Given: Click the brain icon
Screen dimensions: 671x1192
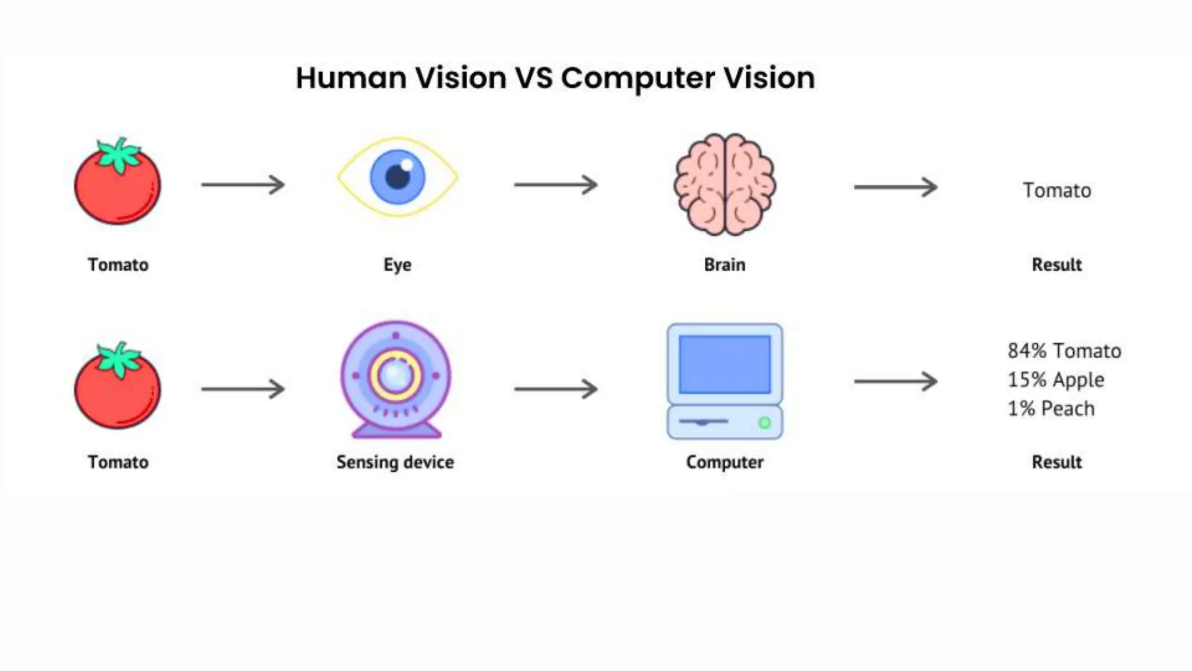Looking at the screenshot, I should point(725,184).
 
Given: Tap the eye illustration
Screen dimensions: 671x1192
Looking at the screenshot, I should point(398,177).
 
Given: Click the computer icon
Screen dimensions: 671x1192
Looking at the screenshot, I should point(725,382).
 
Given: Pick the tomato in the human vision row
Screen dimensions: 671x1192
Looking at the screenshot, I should point(118,183).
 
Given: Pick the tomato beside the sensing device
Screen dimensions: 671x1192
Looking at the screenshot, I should point(118,387).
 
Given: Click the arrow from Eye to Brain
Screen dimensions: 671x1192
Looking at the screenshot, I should point(556,185).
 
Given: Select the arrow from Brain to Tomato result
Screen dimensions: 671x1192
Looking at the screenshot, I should point(895,187).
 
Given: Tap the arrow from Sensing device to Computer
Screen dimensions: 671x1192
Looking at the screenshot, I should point(556,389).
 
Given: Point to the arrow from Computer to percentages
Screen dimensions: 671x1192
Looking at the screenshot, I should point(895,382).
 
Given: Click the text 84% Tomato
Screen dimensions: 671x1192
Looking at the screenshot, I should point(1064,351).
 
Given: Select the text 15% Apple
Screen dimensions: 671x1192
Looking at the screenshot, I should point(1056,380).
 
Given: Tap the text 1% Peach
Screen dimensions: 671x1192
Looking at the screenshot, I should point(1051,408).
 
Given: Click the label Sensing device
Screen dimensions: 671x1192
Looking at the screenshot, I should point(395,462).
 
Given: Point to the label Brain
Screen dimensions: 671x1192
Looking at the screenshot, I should point(725,264).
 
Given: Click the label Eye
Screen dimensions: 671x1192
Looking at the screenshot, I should point(398,264).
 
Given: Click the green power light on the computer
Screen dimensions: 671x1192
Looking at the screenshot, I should point(765,423).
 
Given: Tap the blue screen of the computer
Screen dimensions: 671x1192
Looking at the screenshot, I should point(725,365).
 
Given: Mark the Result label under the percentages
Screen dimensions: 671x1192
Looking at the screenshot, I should point(1056,462).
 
